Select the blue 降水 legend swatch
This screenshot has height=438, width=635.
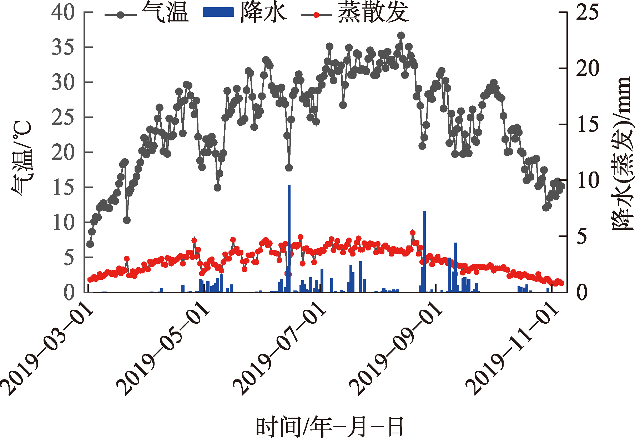point(218,13)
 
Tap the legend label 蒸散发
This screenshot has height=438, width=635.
point(373,13)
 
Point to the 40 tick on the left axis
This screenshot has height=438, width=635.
point(63,13)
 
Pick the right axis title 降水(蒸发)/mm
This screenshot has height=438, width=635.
point(622,154)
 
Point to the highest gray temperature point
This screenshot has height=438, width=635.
point(401,36)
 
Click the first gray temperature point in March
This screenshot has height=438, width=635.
point(90,244)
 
